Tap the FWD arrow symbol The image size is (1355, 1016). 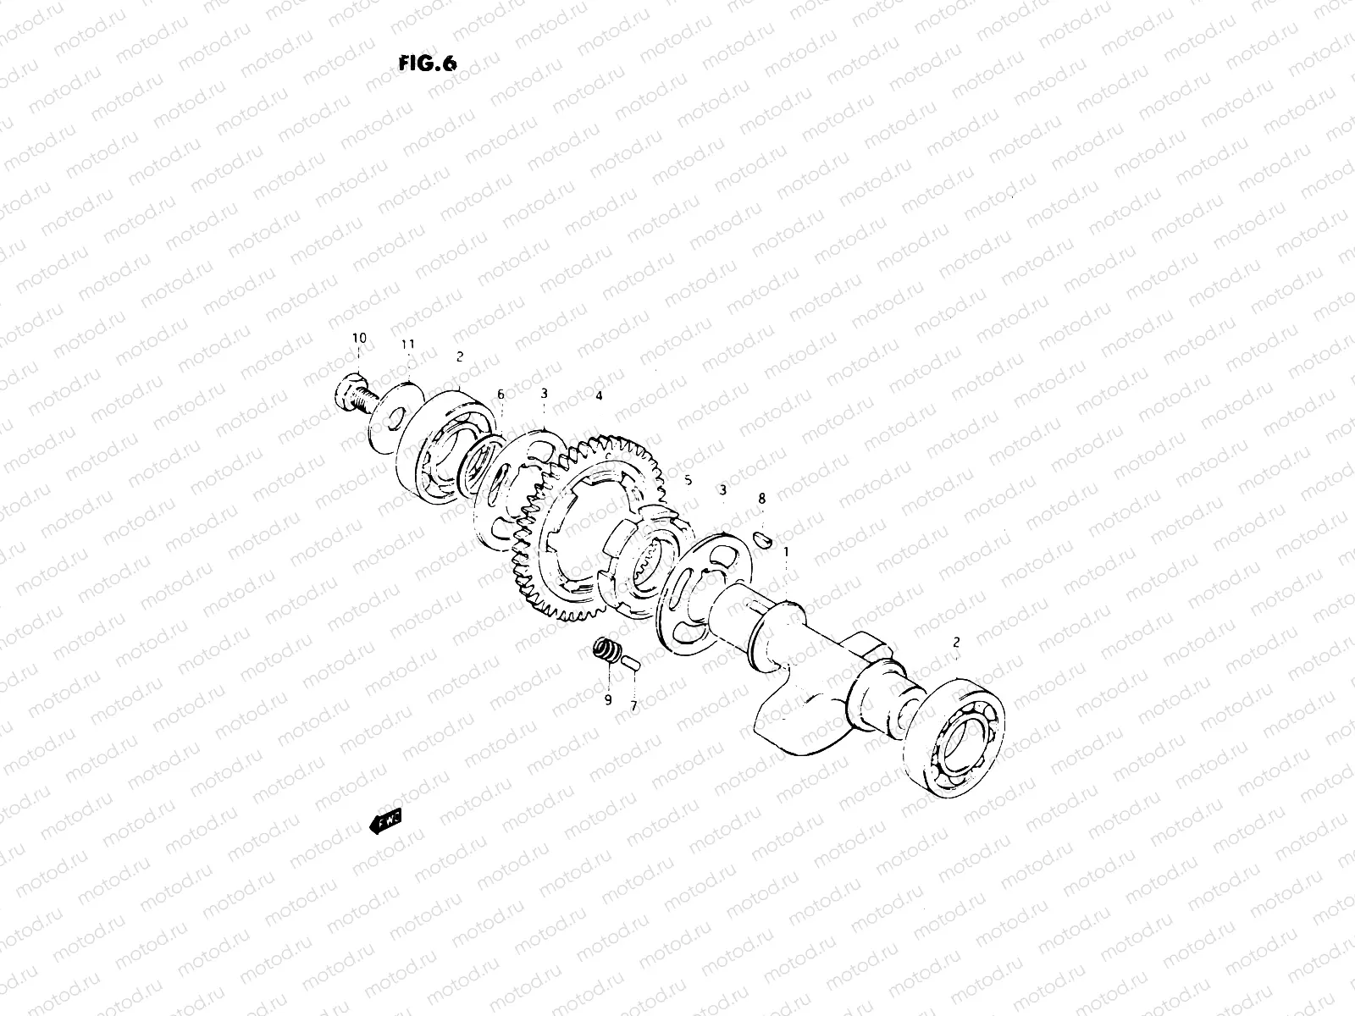tap(385, 821)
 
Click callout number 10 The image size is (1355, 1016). tap(359, 339)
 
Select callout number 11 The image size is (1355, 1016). tap(408, 345)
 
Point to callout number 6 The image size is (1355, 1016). tap(501, 395)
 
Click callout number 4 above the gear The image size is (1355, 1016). tap(599, 395)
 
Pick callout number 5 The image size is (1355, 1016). tap(688, 480)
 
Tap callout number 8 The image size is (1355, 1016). tap(761, 500)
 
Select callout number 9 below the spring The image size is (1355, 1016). tap(607, 699)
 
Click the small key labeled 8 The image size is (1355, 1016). tap(761, 538)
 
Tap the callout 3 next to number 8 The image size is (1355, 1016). tap(722, 490)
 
